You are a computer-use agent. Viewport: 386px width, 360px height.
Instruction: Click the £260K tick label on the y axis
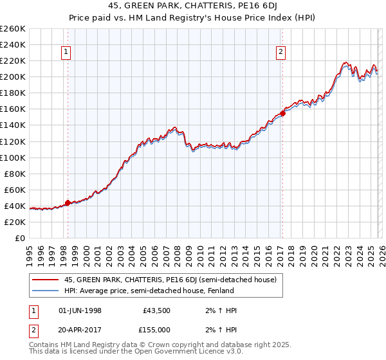pyautogui.click(x=13, y=29)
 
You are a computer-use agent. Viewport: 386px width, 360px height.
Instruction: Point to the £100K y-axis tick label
pyautogui.click(x=13, y=157)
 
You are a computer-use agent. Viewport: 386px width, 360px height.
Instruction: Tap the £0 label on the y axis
pyautogui.click(x=21, y=238)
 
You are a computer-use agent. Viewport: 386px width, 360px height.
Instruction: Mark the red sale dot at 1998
pyautogui.click(x=68, y=203)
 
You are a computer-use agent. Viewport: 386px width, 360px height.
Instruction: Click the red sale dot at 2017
pyautogui.click(x=282, y=113)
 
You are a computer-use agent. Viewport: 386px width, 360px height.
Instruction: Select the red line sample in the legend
pyautogui.click(x=45, y=280)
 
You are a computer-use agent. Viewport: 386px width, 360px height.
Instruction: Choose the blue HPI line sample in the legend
pyautogui.click(x=45, y=291)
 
